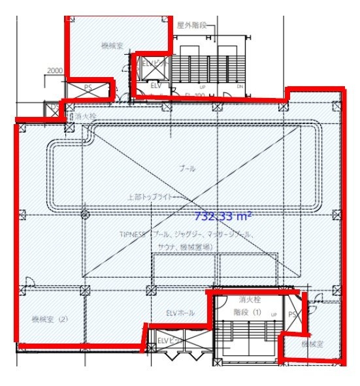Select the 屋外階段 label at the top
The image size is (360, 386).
(x=191, y=25)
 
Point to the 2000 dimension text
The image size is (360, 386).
(x=54, y=71)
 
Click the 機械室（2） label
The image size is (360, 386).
(x=50, y=319)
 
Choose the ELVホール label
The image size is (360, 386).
(x=177, y=311)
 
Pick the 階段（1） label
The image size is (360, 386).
(x=248, y=312)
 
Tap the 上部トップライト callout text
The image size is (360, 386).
(x=152, y=195)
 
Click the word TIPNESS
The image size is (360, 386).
(x=133, y=233)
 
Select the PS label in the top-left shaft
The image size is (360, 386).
(x=88, y=87)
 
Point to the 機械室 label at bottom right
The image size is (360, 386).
(x=313, y=343)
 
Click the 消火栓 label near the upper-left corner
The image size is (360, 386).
(x=86, y=116)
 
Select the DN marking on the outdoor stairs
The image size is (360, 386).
(x=240, y=86)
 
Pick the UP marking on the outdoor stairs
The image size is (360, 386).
(x=203, y=86)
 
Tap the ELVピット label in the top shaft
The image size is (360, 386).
(x=151, y=63)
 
